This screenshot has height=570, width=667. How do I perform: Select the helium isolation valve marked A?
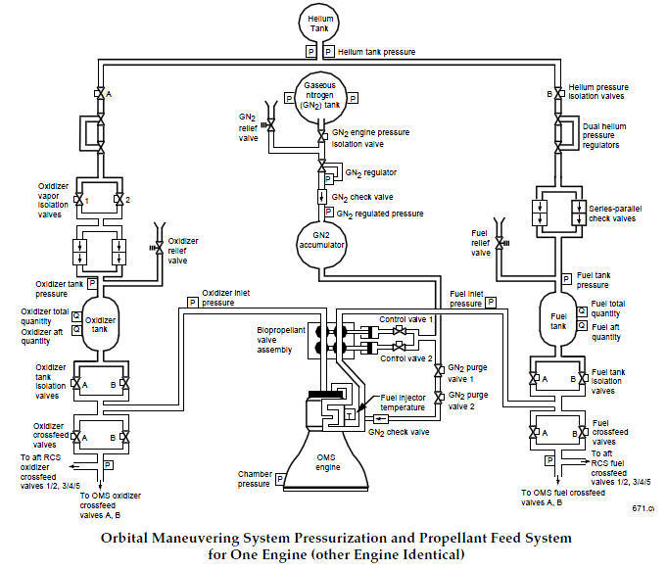point(98,94)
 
